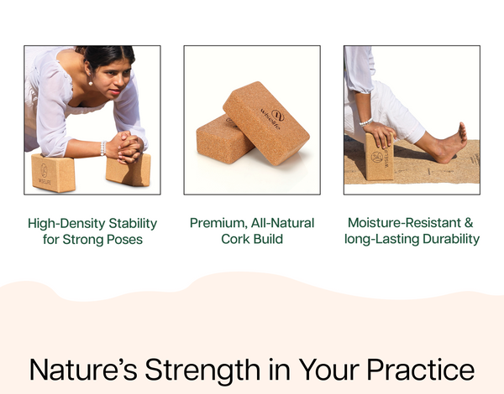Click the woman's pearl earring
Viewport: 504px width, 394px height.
tap(91, 84)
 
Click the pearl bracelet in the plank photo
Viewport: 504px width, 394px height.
tap(102, 148)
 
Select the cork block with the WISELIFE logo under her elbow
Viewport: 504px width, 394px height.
tap(54, 173)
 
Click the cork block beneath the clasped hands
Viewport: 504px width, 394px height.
tap(129, 170)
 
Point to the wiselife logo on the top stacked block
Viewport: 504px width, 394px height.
tap(273, 119)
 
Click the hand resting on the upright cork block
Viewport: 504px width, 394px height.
tap(381, 135)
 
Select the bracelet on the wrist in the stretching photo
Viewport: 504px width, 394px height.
tap(365, 122)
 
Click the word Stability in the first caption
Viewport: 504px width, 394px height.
tap(133, 224)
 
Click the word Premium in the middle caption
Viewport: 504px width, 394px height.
tap(218, 223)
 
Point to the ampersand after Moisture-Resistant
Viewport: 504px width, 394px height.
tap(469, 223)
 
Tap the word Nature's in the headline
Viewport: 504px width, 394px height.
tap(83, 369)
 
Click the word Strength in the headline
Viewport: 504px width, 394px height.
tap(202, 371)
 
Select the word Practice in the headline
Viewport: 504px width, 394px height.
tap(421, 369)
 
